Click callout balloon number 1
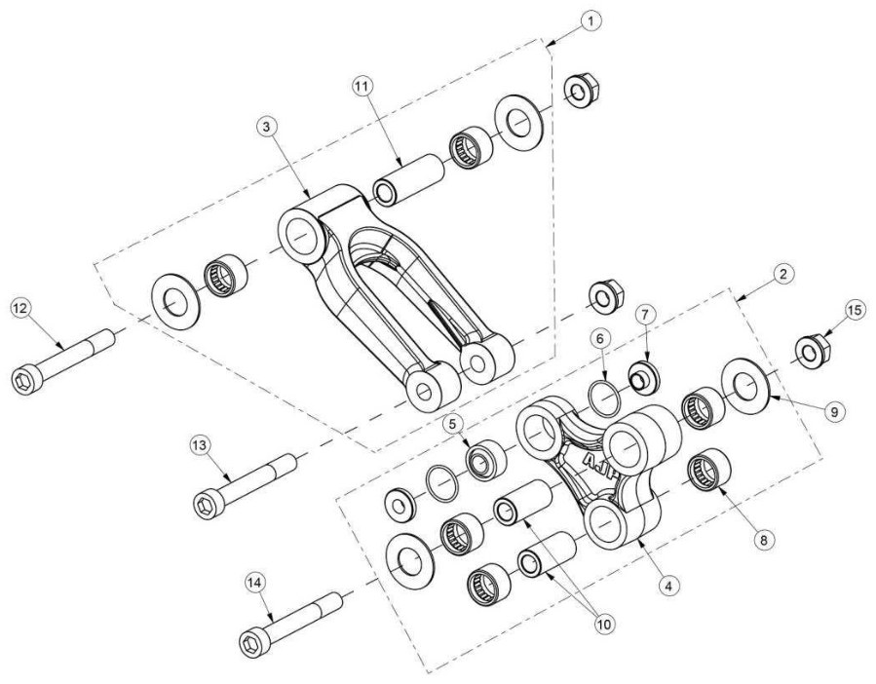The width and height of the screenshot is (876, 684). (590, 21)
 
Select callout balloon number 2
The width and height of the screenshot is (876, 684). (783, 274)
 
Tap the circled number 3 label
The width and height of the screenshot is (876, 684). (266, 128)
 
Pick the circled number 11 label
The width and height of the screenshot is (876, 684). (362, 86)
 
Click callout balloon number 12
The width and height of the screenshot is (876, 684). (21, 308)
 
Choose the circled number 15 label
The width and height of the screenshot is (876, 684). (857, 310)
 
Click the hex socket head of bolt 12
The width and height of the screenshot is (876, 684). (25, 381)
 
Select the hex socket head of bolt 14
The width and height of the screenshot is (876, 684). (254, 644)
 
